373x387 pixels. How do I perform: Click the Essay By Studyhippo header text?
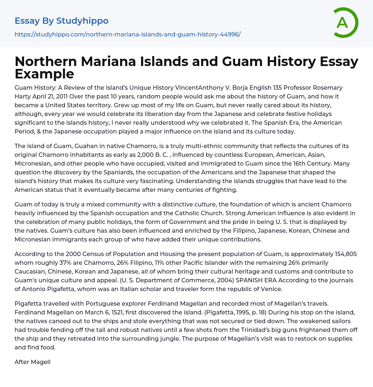click(x=62, y=21)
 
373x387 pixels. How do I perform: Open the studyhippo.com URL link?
click(x=127, y=34)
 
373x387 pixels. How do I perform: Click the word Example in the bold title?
click(x=44, y=74)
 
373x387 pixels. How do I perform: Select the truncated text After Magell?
click(x=32, y=362)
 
